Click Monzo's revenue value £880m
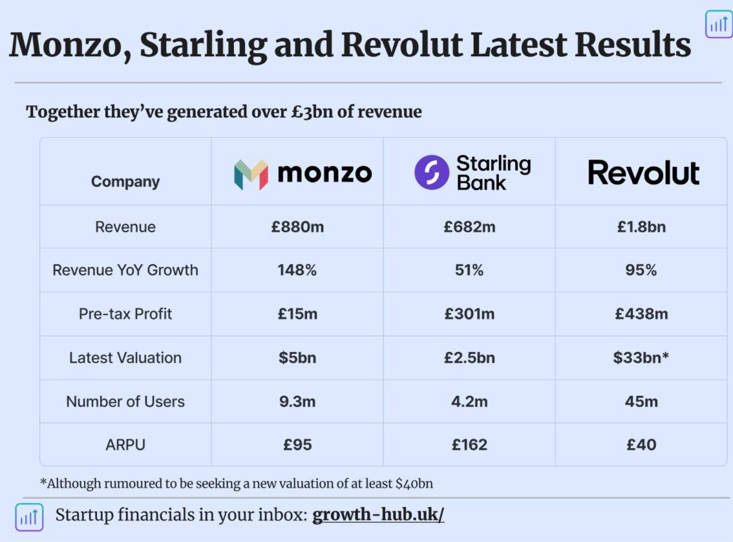tap(297, 227)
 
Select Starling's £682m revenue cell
tap(469, 227)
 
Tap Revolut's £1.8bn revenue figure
tap(641, 227)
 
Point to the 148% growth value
tap(297, 270)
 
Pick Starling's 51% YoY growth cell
tap(469, 270)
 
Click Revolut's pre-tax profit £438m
tap(641, 313)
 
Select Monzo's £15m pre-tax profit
tap(297, 313)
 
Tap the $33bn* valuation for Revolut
tap(641, 357)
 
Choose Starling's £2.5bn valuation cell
tap(469, 357)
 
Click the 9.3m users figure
tap(297, 401)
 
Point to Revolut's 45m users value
tap(641, 401)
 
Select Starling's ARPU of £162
tap(469, 444)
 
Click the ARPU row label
tap(125, 444)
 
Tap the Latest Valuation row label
tap(125, 358)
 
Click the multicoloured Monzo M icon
tap(251, 175)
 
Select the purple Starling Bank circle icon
tap(432, 172)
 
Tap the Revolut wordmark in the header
tap(643, 173)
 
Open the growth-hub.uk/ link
tap(378, 514)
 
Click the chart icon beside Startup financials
tap(29, 517)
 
